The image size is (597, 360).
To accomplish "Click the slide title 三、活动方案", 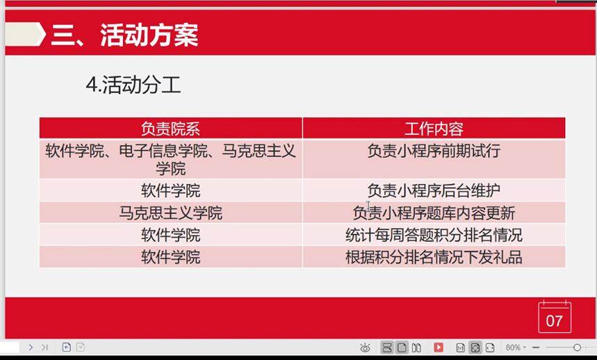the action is pos(124,35).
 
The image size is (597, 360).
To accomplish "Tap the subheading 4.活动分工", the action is pos(133,85).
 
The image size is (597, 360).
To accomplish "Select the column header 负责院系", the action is pos(170,129).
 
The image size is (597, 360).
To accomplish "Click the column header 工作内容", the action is pos(434,129).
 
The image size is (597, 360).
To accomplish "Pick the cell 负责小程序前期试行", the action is pos(434,151).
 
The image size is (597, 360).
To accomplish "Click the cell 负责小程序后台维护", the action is pos(434,190).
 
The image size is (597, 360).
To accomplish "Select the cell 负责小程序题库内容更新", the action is pos(434,213).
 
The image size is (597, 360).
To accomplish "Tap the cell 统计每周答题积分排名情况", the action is pos(434,235).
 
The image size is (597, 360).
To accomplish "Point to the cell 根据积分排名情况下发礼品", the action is pos(434,257).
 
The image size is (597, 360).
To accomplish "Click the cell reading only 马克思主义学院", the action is pos(170,213).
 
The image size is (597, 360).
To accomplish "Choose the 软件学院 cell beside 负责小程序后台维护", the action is pos(170,190).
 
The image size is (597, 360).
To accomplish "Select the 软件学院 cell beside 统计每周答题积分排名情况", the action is pos(170,235).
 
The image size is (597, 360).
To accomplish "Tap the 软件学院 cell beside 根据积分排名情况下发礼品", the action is pos(170,257).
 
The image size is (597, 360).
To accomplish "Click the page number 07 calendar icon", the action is pos(555,317).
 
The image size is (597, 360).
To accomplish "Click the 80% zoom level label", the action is pos(513,347).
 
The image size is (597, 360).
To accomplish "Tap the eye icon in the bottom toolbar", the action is pos(365,347).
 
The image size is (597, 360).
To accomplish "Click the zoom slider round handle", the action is pos(578,347).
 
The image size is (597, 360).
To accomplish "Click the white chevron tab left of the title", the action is pos(25,34).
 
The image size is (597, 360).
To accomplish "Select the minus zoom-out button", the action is pos(536,347).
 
